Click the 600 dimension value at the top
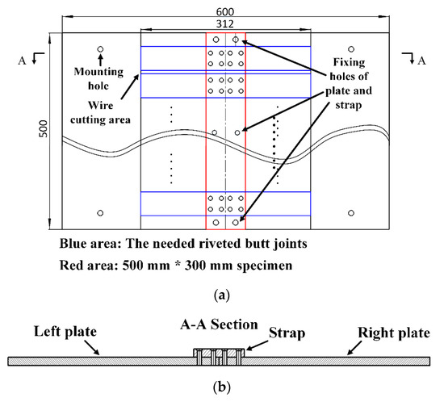226,10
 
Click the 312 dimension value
226,25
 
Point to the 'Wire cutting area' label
100,111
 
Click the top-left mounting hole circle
100,49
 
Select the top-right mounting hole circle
350,49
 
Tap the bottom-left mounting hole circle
100,213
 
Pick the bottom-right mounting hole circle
350,213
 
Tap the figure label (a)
222,296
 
